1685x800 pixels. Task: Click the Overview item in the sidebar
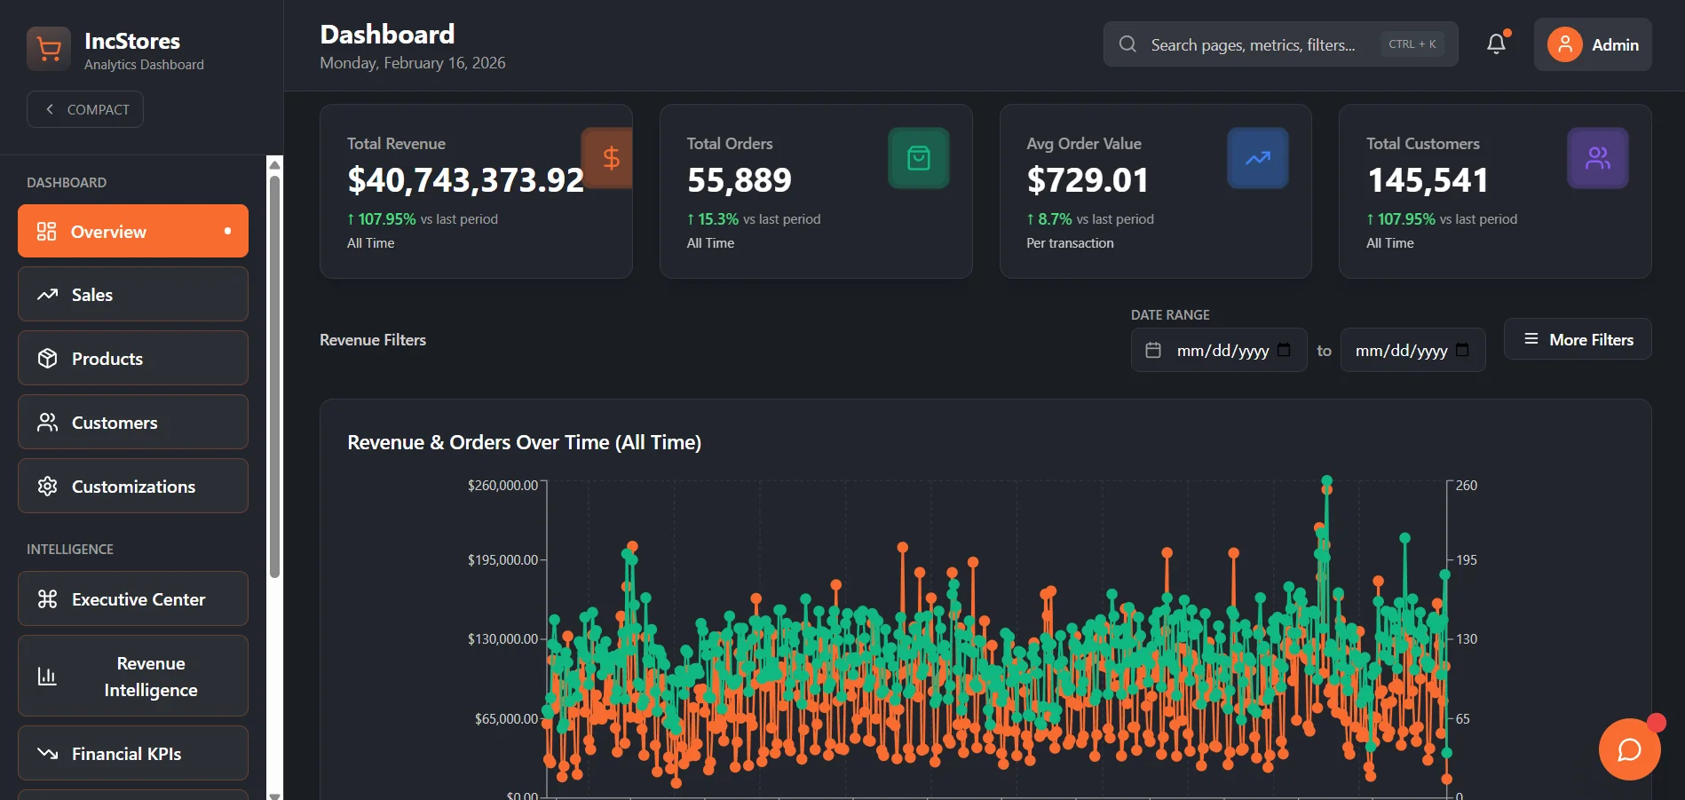133,231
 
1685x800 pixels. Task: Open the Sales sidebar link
133,295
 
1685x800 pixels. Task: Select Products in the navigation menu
133,359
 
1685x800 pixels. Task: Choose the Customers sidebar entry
133,423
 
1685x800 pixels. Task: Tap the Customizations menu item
133,487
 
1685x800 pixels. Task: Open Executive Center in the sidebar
133,599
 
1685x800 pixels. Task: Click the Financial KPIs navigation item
133,754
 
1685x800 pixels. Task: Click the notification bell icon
1497,44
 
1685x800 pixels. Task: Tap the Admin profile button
1593,44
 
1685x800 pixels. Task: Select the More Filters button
1578,339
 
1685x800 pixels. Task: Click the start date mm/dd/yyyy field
1219,350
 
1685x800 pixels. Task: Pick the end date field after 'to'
1412,350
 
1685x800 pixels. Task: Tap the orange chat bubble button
1630,749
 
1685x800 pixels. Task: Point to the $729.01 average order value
1088,180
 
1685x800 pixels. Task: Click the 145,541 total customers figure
1428,180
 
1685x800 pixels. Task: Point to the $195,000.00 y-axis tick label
502,560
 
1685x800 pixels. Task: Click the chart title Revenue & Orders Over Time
524,442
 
